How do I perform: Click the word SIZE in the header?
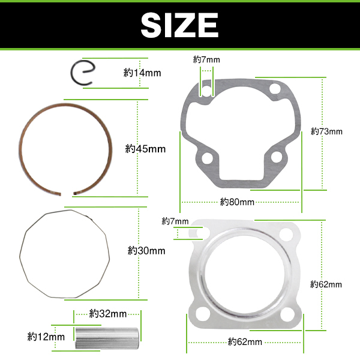click(179, 25)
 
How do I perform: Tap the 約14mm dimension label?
click(142, 73)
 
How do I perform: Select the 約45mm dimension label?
click(145, 149)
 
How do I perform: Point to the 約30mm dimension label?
click(146, 250)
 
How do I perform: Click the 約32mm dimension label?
click(108, 314)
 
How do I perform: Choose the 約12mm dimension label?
click(46, 337)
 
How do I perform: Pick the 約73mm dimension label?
click(326, 131)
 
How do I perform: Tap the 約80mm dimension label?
click(237, 202)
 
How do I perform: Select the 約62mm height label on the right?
click(326, 284)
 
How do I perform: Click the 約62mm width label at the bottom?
click(245, 342)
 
